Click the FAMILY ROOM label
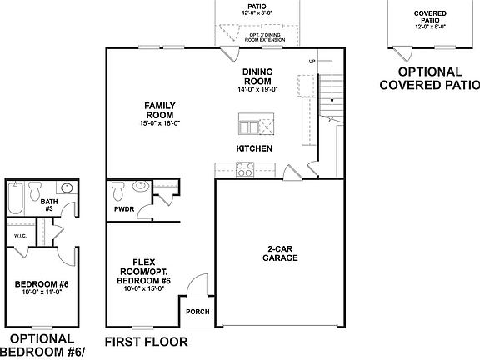point(158,110)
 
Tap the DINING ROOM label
point(257,77)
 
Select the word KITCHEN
point(254,148)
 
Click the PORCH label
point(197,312)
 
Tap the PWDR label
point(124,209)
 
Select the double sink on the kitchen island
point(248,127)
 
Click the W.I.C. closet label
point(19,236)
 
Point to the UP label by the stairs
point(312,62)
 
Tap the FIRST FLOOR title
point(146,342)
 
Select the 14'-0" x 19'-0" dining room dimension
point(257,89)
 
